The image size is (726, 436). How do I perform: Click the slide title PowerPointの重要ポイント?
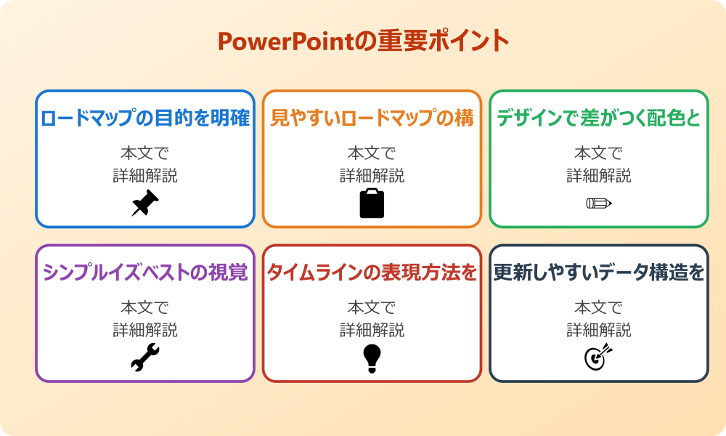tap(363, 41)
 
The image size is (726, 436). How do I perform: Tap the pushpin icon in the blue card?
tap(145, 203)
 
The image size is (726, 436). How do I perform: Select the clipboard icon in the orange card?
tap(372, 203)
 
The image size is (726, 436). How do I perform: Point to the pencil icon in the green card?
tap(599, 203)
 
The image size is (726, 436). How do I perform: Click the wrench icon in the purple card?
tap(145, 358)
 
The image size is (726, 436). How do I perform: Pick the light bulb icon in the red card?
tap(372, 358)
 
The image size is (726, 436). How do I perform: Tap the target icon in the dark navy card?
tap(599, 358)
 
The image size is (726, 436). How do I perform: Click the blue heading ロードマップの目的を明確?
tap(145, 118)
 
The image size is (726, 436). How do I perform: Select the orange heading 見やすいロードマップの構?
tap(372, 118)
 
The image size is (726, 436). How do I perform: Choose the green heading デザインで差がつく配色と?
tap(599, 118)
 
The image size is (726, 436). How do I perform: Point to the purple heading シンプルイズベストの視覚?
tap(145, 272)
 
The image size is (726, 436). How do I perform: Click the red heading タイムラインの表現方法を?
tap(372, 272)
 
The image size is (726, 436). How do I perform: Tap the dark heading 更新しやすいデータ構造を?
tap(599, 272)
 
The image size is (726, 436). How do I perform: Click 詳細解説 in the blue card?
tap(145, 176)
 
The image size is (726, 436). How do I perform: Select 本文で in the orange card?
tap(372, 153)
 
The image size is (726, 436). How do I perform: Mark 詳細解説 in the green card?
tap(599, 176)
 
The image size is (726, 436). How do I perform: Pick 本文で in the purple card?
tap(145, 307)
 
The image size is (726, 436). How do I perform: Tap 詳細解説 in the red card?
tap(372, 330)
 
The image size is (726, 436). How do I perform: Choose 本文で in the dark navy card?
tap(599, 307)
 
